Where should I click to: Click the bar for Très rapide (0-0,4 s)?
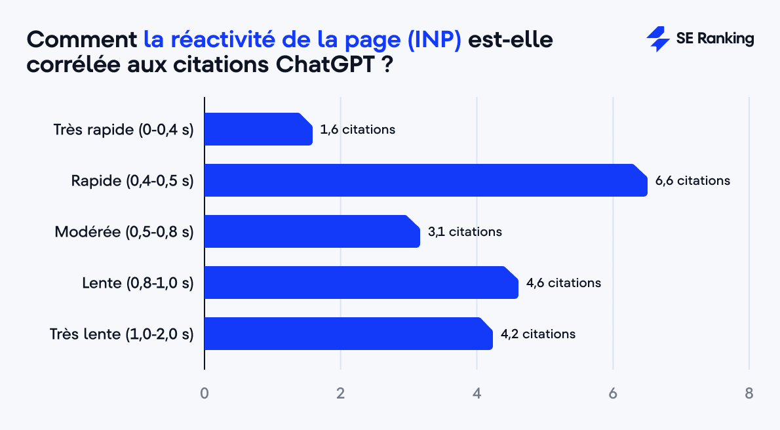pos(258,129)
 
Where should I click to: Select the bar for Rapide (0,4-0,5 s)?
pos(425,180)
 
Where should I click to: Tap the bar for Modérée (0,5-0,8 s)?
pos(312,231)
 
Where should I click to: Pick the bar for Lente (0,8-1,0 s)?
pos(361,283)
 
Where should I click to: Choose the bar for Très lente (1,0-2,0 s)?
pos(348,334)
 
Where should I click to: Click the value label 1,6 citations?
pos(358,129)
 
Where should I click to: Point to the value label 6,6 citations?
pos(692,180)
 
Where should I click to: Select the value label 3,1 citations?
pos(465,231)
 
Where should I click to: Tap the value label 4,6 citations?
pos(564,283)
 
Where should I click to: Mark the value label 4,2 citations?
pos(538,334)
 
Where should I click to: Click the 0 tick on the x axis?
pos(205,393)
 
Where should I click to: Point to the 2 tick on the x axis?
pos(341,393)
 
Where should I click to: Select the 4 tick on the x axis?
pos(477,393)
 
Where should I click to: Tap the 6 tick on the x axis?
pos(613,393)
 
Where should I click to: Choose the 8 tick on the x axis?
pos(749,393)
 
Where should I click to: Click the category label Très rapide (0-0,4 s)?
pos(123,129)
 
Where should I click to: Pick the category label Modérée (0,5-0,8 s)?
pos(124,231)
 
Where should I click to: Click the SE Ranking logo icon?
pos(657,39)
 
